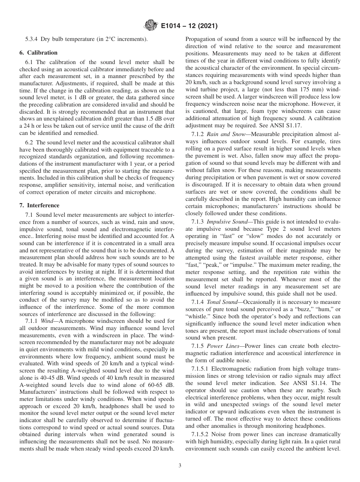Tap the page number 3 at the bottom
(180, 466)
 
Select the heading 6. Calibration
(39, 53)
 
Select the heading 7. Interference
(39, 205)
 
